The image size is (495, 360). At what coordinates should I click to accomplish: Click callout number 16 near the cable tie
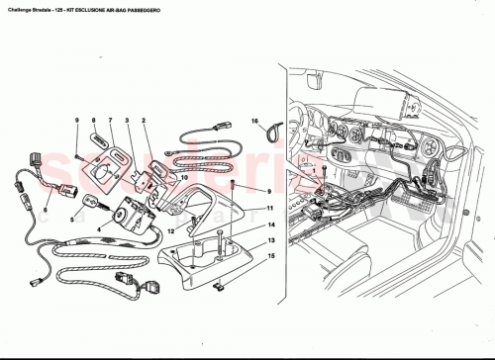point(253,119)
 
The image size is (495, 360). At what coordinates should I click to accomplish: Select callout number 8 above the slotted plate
point(93,121)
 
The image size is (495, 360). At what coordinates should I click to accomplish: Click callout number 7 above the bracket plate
point(110,121)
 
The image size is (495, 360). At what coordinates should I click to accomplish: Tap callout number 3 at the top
point(127,121)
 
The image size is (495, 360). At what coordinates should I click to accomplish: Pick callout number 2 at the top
point(145,121)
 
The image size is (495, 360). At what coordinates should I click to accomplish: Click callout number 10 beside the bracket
point(184,179)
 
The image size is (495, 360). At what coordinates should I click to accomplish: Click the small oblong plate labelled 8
point(98,143)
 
